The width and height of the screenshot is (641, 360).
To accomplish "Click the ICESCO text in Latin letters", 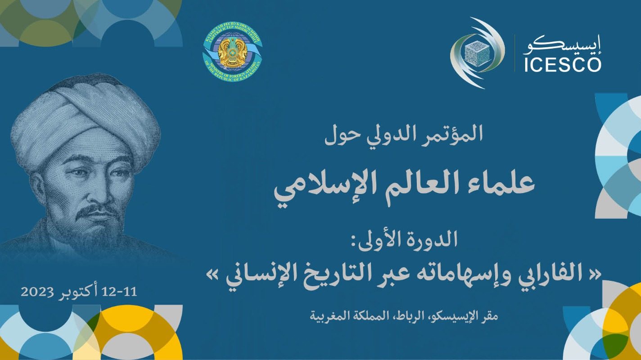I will (x=562, y=64).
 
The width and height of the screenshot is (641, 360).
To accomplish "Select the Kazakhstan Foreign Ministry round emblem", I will (x=232, y=54).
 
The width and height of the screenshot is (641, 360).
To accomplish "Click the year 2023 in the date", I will (x=38, y=292).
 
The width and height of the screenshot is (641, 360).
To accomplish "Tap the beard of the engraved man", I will (x=101, y=225).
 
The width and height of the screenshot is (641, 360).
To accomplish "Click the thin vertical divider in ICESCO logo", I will (x=515, y=53).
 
